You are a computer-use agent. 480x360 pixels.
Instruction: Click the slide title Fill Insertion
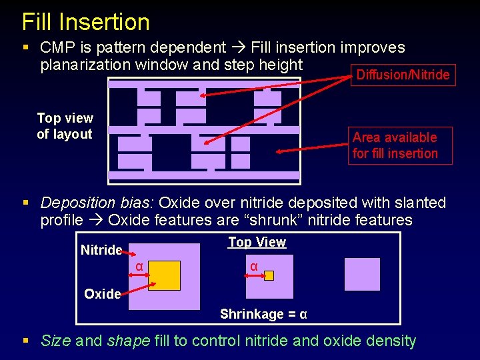pos(85,22)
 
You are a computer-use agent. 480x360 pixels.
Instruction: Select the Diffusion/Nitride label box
pos(403,75)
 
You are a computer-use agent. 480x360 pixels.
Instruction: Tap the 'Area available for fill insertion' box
pos(395,145)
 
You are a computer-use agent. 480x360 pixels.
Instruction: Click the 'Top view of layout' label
pos(65,126)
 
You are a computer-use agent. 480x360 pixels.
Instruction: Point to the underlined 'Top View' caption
pos(257,242)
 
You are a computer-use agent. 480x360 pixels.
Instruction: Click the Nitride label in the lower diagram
pos(101,250)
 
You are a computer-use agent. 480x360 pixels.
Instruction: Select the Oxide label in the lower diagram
pos(103,294)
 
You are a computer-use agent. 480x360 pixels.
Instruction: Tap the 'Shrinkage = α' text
pos(263,314)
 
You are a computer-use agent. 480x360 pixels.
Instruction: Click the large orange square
pos(164,275)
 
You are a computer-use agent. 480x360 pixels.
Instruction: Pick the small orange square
pos(269,275)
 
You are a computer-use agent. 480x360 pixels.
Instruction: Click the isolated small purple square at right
pos(362,275)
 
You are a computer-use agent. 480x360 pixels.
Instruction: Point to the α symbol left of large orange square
pos(139,267)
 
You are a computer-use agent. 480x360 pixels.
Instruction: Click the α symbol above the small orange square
pos(254,267)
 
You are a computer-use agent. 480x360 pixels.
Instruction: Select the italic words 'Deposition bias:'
pos(97,203)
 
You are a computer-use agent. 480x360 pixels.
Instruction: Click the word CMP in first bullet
pos(57,47)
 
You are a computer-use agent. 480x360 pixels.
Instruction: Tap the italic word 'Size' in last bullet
pos(56,341)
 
